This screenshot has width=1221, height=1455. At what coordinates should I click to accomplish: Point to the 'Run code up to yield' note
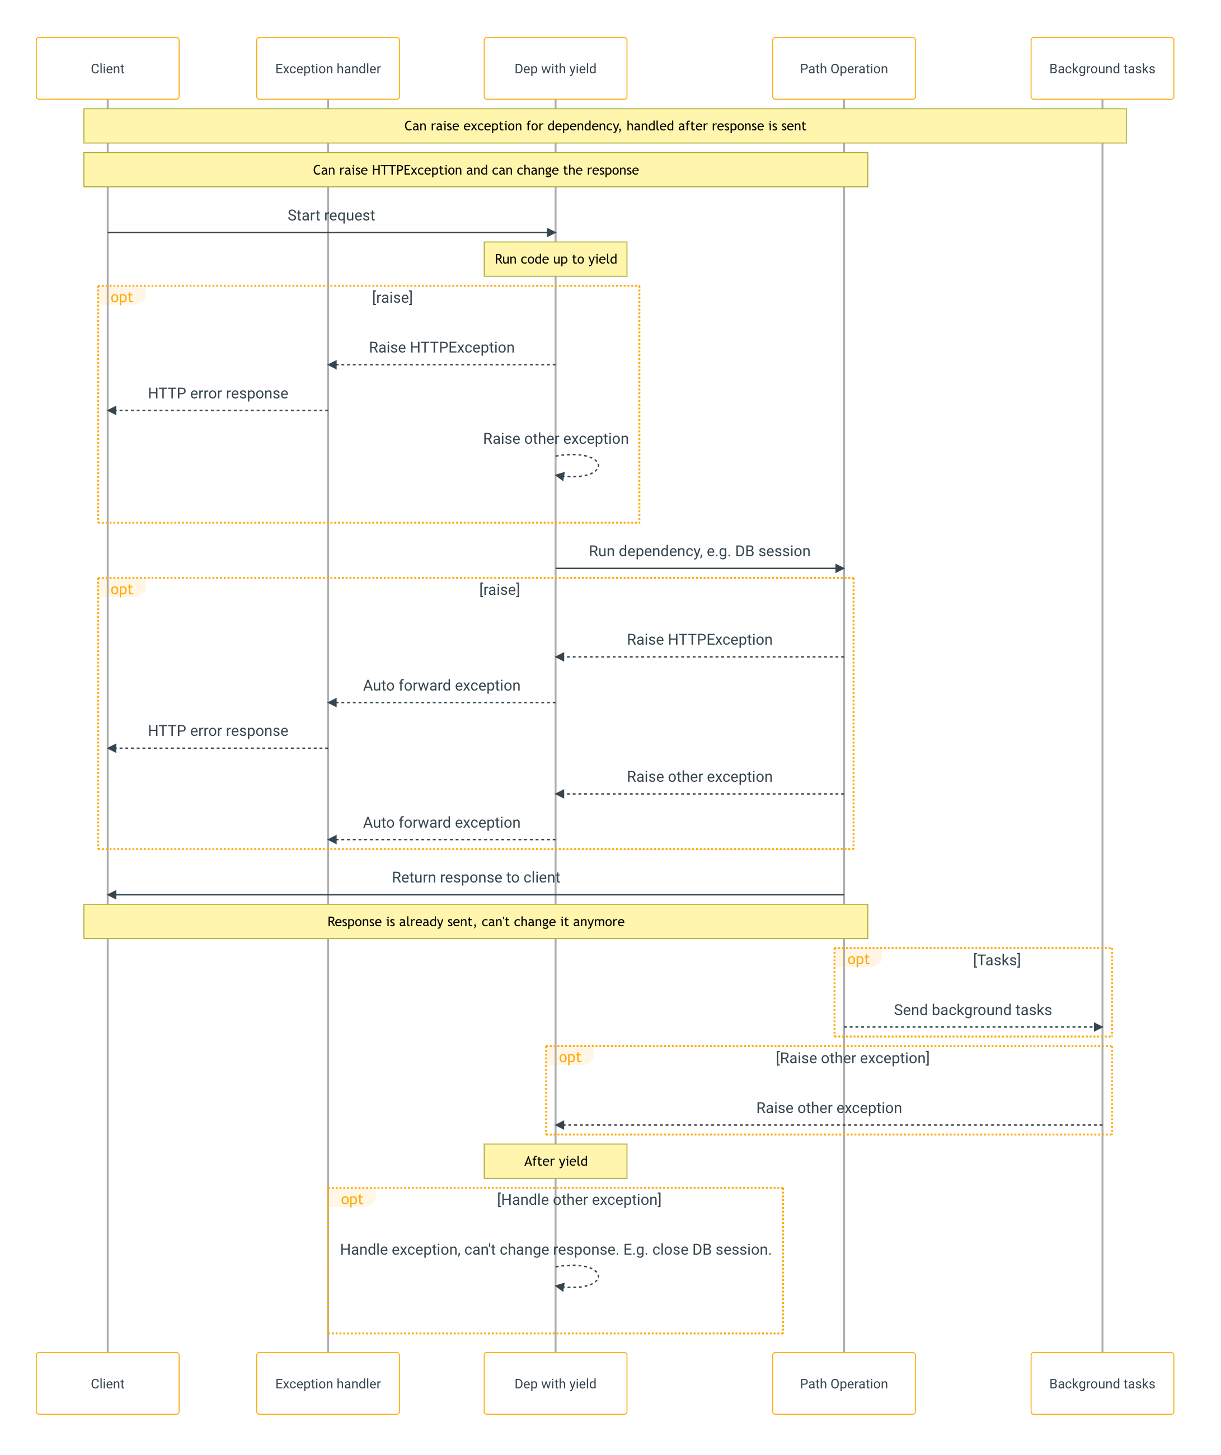(x=555, y=259)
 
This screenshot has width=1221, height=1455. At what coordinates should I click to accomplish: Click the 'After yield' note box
(x=555, y=1161)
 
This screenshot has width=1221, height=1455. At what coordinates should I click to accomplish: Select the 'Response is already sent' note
(x=476, y=922)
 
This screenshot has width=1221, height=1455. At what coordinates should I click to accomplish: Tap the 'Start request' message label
(x=331, y=215)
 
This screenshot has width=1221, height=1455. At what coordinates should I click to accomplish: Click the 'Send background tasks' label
(x=972, y=1010)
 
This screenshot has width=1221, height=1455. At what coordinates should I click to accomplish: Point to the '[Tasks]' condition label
(x=997, y=960)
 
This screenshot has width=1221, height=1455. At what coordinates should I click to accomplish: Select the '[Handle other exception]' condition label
(x=579, y=1199)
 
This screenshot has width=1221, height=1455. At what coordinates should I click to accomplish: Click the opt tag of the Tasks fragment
(x=858, y=960)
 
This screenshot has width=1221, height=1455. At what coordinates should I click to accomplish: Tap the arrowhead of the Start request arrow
(x=552, y=233)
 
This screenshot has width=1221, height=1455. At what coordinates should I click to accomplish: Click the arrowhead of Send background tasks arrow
(x=1098, y=1027)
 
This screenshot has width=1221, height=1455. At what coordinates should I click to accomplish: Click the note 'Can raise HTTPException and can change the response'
(x=476, y=170)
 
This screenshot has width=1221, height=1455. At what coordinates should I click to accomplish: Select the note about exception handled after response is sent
(x=604, y=126)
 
